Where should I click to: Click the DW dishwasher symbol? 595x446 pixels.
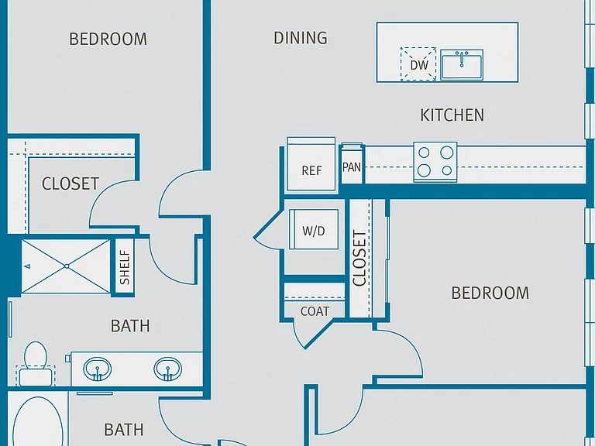tap(418, 64)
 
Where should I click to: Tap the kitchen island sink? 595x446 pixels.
tap(462, 65)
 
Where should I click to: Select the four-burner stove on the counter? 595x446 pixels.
tap(435, 162)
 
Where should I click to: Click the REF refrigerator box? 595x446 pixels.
tap(311, 164)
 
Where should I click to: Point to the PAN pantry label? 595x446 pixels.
tap(352, 167)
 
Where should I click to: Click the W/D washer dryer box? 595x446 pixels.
tap(314, 229)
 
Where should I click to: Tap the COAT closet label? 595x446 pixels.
tap(315, 311)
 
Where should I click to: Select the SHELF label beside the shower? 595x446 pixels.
tap(125, 267)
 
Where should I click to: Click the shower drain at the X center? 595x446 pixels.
tap(67, 266)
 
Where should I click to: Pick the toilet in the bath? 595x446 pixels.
tap(36, 364)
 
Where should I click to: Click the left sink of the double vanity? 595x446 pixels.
tap(98, 369)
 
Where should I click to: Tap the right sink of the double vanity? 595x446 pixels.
tap(167, 369)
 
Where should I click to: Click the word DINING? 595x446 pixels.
tap(301, 38)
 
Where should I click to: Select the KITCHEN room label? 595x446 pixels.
tap(452, 115)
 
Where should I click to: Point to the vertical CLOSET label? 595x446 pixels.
tap(359, 258)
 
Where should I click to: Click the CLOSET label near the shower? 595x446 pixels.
tap(71, 184)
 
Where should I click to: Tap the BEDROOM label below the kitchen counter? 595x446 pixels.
tap(490, 293)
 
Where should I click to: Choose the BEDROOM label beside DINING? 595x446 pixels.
tap(108, 39)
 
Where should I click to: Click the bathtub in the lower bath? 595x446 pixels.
tap(37, 422)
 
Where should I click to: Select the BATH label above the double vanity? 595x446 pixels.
tap(130, 326)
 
